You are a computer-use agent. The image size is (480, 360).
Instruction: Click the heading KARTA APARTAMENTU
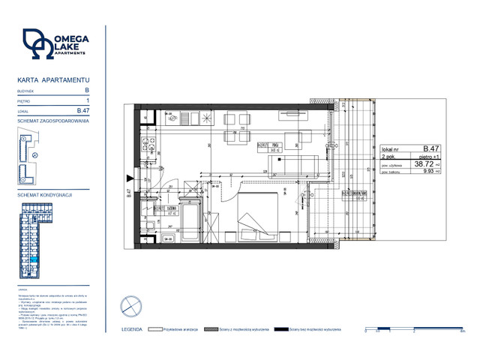(53, 79)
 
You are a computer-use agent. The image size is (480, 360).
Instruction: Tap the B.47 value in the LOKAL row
(84, 111)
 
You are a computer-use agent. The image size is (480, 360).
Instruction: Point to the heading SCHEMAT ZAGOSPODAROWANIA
(53, 121)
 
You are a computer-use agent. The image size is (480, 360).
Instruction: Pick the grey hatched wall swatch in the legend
(215, 329)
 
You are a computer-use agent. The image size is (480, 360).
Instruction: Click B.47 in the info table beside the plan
(431, 148)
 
